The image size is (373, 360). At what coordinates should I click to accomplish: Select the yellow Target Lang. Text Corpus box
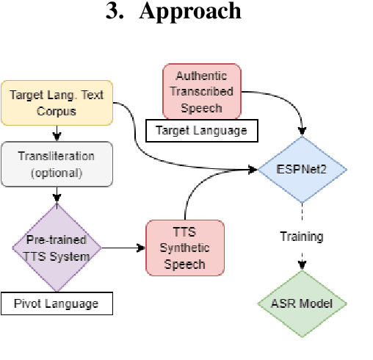57,102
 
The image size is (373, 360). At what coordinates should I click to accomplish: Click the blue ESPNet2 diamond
302,170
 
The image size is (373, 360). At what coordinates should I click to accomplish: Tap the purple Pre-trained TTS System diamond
57,248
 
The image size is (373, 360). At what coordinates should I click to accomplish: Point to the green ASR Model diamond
302,303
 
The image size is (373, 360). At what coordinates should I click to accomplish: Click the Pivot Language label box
57,304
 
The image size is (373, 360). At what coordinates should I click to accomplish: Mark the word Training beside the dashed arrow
302,237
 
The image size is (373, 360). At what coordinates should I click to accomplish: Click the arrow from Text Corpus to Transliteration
57,132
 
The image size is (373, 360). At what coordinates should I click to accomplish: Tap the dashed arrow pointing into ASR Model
302,261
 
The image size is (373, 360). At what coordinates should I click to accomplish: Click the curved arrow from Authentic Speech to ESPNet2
286,103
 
